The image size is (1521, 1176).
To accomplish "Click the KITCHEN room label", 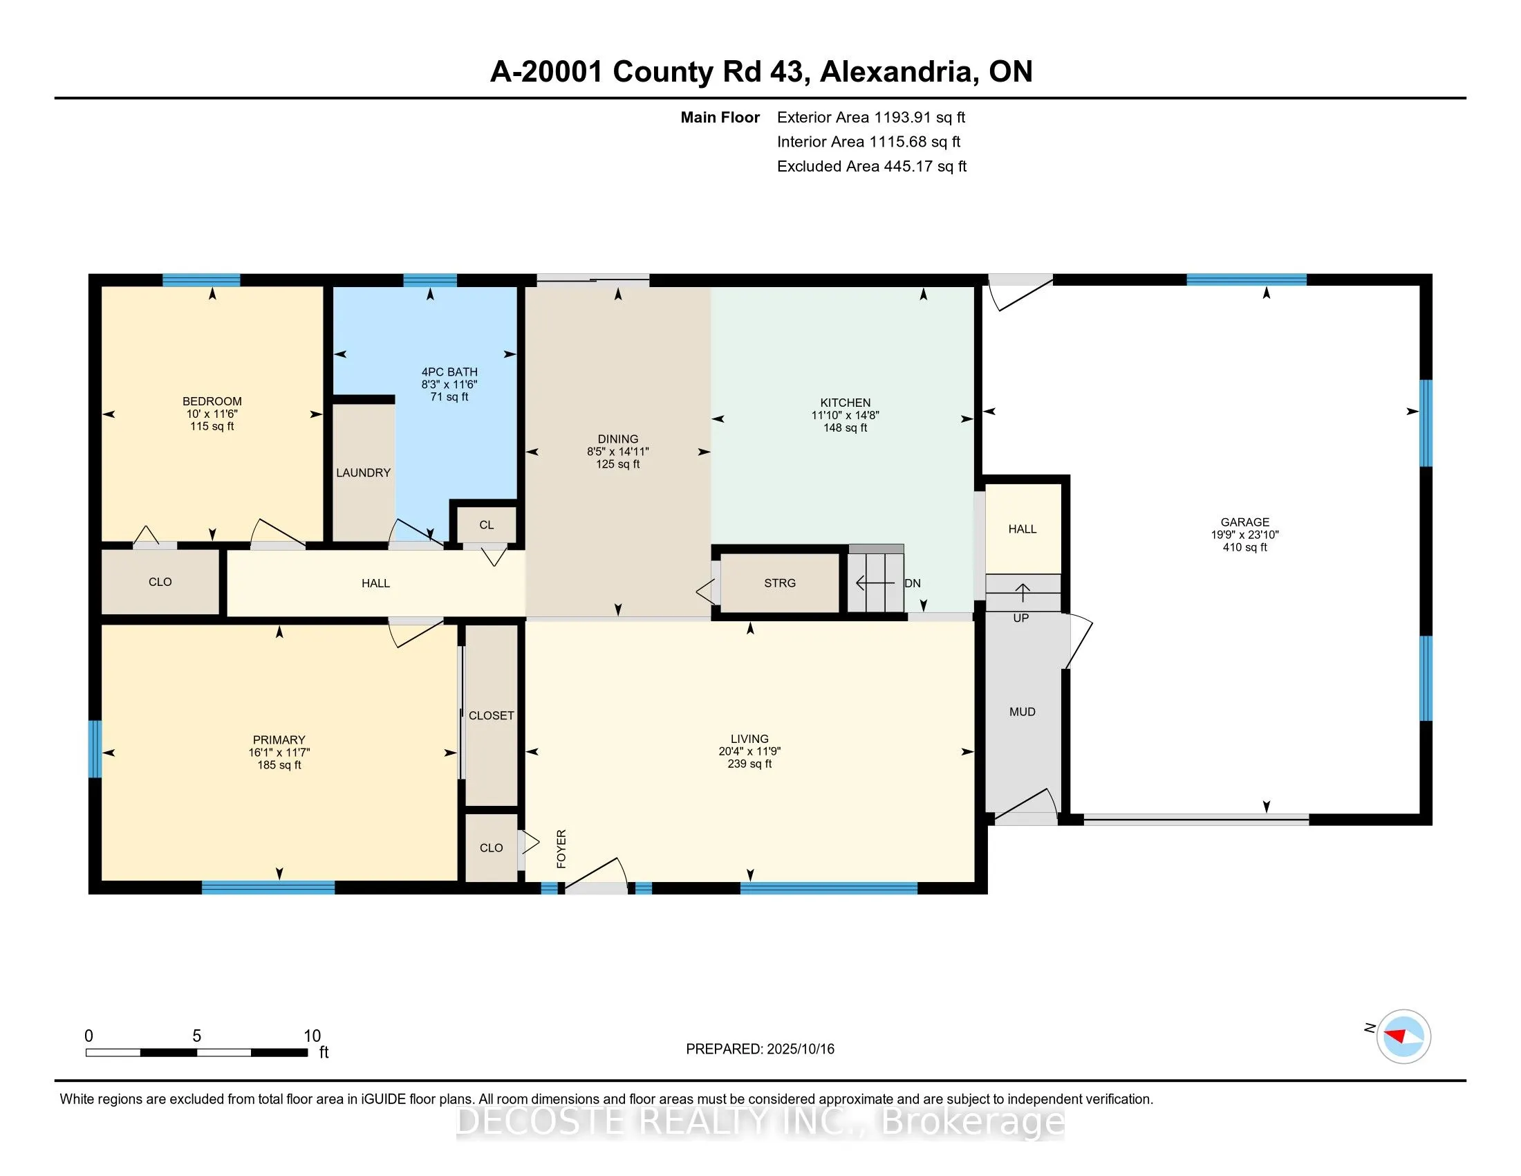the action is click(x=845, y=403).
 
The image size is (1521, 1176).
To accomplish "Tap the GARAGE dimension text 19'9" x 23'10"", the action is click(x=1244, y=535).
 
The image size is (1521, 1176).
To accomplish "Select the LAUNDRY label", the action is click(x=363, y=473).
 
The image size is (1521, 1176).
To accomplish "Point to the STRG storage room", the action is click(x=779, y=583).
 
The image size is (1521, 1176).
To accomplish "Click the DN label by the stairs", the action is click(x=913, y=583).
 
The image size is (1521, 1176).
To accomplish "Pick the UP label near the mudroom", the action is click(x=1020, y=618).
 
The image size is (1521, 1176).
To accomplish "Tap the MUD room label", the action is click(x=1023, y=712).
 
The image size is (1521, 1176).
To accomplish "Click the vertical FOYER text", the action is click(x=561, y=849).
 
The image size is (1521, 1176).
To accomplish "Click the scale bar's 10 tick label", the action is click(x=312, y=1036).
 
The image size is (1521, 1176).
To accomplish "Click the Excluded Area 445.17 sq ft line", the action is click(x=872, y=167).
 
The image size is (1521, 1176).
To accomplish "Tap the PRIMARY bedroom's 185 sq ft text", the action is click(x=279, y=765).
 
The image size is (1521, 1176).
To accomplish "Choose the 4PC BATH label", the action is click(x=449, y=372).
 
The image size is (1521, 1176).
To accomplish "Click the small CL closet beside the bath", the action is click(x=486, y=525).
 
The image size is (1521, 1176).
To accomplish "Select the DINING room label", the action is click(x=617, y=439).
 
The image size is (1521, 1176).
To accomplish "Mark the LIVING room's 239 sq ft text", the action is click(x=749, y=764).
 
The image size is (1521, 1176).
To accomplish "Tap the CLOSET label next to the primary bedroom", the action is click(x=491, y=715).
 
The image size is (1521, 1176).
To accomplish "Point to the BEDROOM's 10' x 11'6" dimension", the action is click(x=212, y=414).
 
